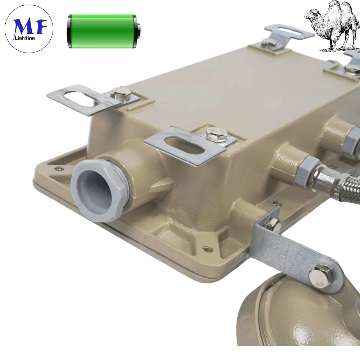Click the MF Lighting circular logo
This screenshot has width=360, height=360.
tap(29, 29)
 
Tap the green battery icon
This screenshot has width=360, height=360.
tap(103, 31)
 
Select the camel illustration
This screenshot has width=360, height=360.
tap(331, 25)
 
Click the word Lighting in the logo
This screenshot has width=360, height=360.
tap(25, 38)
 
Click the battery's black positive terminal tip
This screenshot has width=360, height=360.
tap(139, 31)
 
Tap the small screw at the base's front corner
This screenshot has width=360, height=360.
tap(207, 248)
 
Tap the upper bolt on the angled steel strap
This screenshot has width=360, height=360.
tap(274, 225)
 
